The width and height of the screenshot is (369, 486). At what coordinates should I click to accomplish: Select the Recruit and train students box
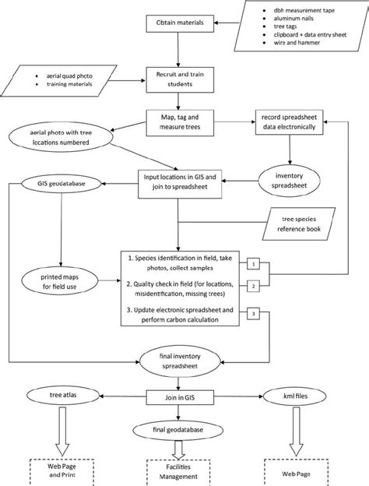(179, 76)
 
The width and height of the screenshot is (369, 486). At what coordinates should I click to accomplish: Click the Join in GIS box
(179, 396)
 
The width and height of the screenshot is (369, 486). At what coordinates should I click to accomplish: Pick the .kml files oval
(294, 396)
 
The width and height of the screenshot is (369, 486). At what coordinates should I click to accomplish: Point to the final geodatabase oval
(179, 430)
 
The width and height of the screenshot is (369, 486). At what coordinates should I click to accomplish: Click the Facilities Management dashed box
(179, 472)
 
